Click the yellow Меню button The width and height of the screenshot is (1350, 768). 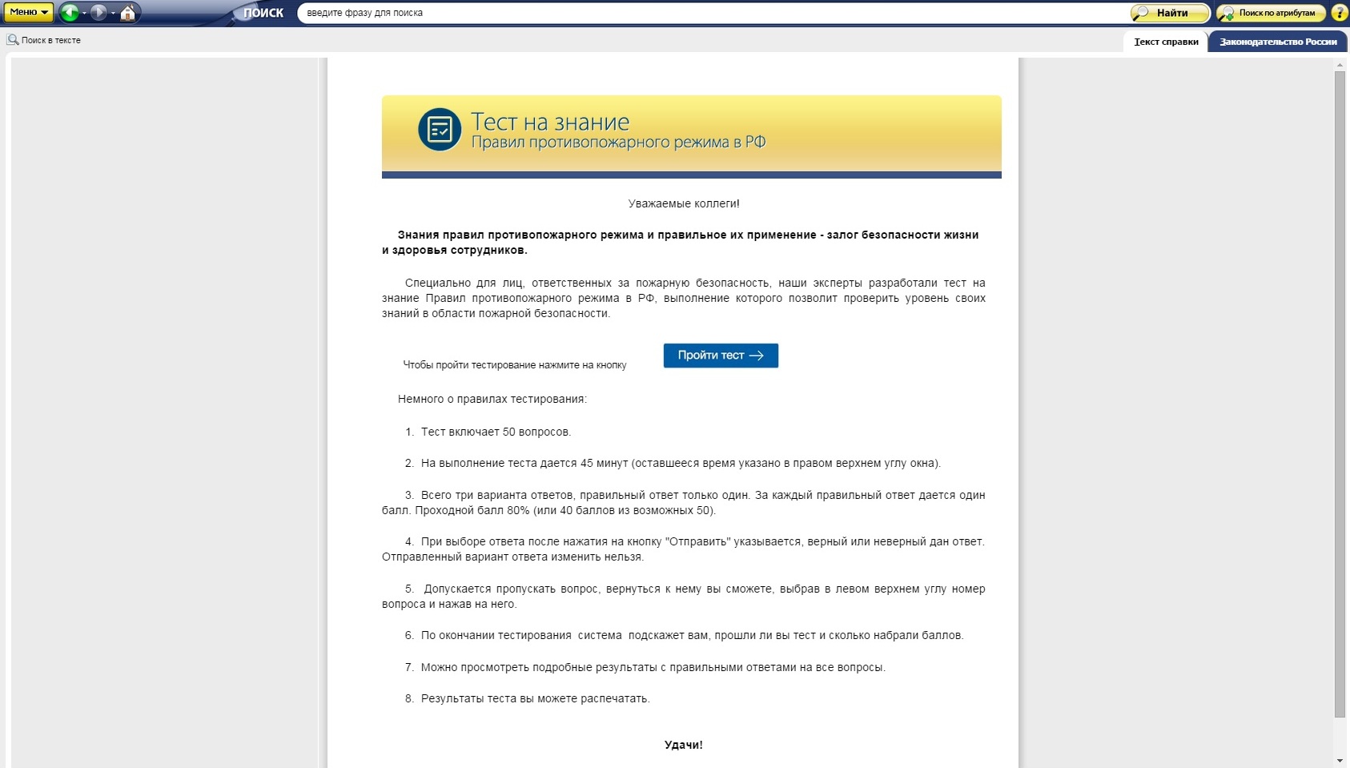click(28, 12)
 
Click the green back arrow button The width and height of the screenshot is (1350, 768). click(70, 12)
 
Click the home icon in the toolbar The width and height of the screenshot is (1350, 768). click(127, 13)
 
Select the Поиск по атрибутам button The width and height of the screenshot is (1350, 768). click(1270, 13)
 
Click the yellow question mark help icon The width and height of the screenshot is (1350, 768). click(1339, 13)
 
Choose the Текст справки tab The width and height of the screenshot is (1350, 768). click(1166, 42)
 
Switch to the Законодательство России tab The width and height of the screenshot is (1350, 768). click(1278, 42)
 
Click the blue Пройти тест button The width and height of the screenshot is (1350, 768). click(721, 356)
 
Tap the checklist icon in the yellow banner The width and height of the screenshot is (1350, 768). click(440, 130)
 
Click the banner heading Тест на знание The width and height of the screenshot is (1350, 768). click(550, 122)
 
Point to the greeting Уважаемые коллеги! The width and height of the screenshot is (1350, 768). click(684, 203)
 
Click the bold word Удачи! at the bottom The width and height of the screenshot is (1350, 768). click(684, 745)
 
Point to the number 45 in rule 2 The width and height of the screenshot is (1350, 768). click(587, 463)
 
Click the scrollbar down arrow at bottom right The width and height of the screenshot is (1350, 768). click(1340, 760)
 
